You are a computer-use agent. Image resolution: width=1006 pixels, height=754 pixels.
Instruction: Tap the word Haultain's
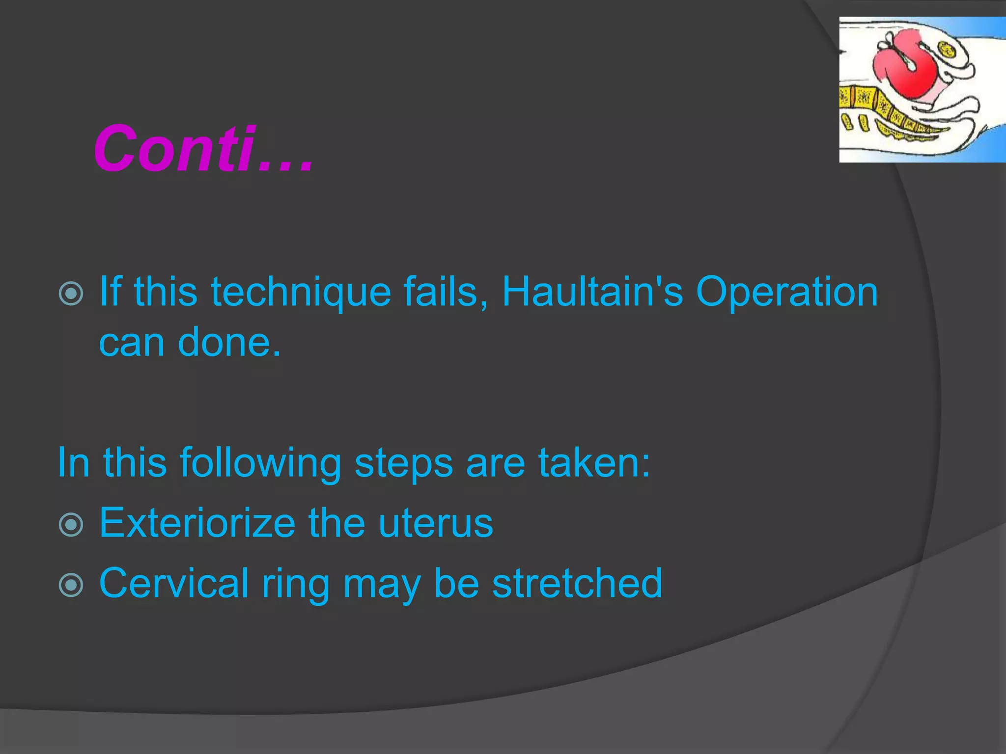(592, 292)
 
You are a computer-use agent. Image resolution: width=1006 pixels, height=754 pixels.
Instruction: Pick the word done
(229, 342)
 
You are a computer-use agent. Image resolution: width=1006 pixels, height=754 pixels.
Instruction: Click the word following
(260, 463)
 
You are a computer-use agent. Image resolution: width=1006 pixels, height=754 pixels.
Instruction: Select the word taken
(594, 462)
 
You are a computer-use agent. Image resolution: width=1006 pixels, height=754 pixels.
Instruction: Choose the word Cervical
(174, 583)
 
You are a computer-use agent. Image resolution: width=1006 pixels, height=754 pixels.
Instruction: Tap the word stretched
(577, 583)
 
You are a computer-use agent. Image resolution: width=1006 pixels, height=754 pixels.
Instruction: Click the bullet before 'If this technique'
(71, 294)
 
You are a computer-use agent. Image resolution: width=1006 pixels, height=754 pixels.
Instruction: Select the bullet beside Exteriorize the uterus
(71, 525)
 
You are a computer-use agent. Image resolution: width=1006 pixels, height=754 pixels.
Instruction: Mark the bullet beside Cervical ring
(71, 585)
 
